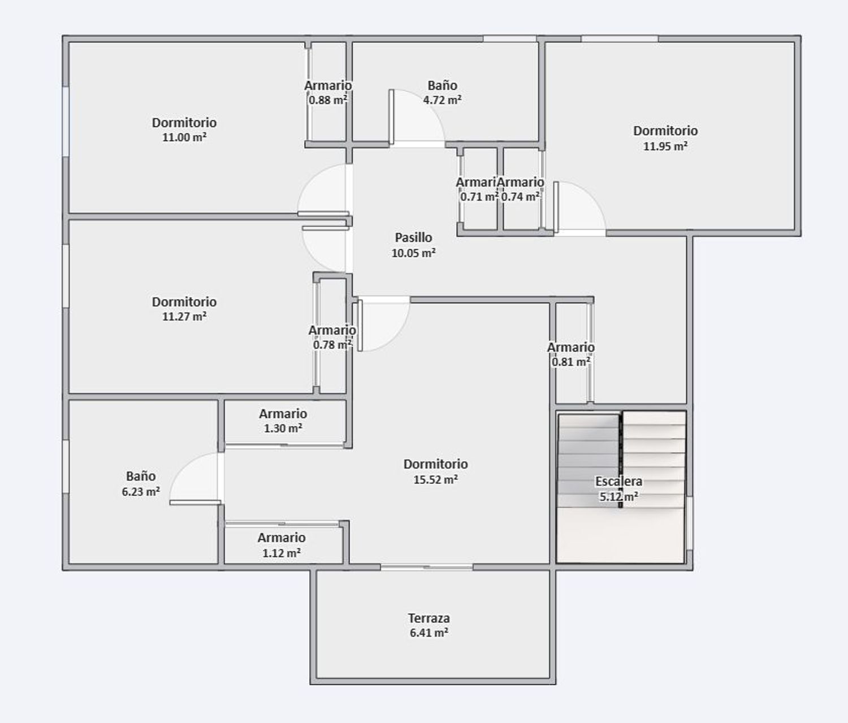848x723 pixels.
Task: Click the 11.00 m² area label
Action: pyautogui.click(x=184, y=137)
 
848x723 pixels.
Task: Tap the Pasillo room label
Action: pyautogui.click(x=413, y=237)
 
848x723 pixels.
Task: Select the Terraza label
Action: pyautogui.click(x=429, y=618)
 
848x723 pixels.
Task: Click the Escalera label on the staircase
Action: pyautogui.click(x=618, y=482)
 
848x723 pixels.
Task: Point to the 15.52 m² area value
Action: pyautogui.click(x=435, y=479)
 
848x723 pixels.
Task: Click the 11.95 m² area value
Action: pyautogui.click(x=665, y=146)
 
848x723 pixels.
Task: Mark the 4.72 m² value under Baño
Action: pyautogui.click(x=442, y=100)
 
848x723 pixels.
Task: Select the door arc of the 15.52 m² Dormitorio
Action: pyautogui.click(x=383, y=325)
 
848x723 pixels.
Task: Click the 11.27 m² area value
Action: pyautogui.click(x=184, y=317)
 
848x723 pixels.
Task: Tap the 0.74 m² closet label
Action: pyautogui.click(x=520, y=197)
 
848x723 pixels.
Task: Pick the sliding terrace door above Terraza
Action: pyautogui.click(x=427, y=567)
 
